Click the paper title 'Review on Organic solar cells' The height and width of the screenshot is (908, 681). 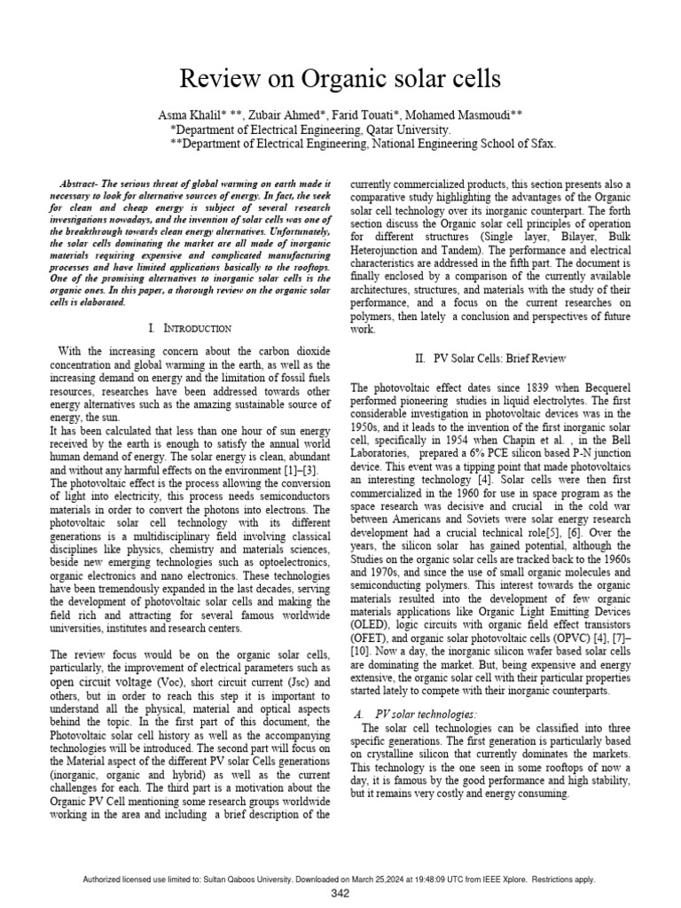click(340, 80)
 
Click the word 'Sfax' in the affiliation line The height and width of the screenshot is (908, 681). click(541, 143)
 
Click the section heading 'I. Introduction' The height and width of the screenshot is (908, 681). click(192, 328)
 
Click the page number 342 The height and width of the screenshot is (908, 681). click(340, 893)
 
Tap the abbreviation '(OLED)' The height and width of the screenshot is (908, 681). click(370, 623)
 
